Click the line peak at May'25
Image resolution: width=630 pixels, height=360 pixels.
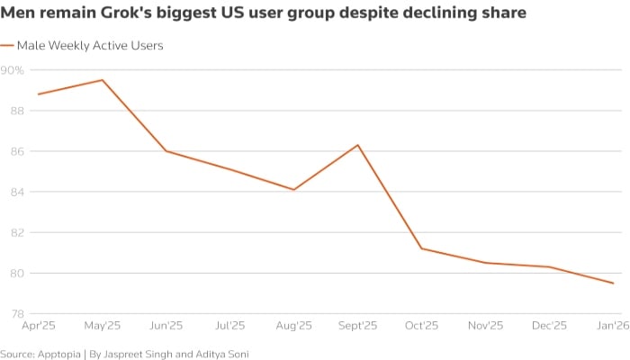[x=102, y=80]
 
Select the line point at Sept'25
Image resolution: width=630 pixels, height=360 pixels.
[x=358, y=145]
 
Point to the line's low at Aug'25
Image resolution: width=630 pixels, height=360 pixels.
[x=294, y=190]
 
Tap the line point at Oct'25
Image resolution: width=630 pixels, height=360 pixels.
[x=422, y=248]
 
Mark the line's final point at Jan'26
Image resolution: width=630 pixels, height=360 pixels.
[x=614, y=283]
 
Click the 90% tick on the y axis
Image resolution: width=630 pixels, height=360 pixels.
[x=13, y=70]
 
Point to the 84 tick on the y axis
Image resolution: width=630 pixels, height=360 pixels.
[x=17, y=192]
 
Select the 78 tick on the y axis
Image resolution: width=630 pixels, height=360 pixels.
[x=17, y=314]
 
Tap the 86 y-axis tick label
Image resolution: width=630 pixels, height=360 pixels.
[x=17, y=151]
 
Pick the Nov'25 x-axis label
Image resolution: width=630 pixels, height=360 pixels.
[x=486, y=326]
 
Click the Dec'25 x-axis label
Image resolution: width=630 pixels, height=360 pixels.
[x=550, y=326]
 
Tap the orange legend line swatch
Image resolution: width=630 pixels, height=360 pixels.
[x=6, y=45]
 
